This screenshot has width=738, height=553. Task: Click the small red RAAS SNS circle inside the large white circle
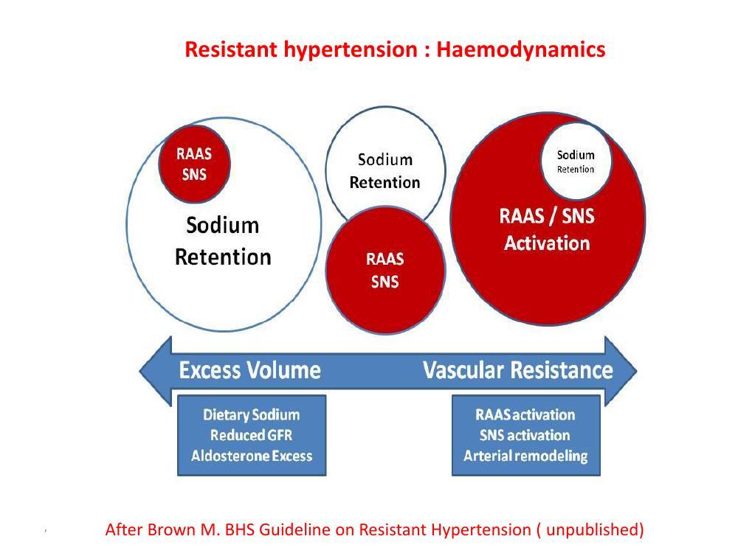point(194,164)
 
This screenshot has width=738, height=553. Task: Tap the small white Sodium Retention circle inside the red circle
point(576,161)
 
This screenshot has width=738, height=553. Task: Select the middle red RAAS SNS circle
point(385,270)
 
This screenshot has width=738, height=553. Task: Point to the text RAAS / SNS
point(547,216)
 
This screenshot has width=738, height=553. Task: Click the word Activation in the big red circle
point(547,243)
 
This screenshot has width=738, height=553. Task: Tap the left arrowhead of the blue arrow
point(156,371)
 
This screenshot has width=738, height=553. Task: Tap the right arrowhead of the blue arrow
point(621,371)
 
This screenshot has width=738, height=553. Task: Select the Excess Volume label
point(250,371)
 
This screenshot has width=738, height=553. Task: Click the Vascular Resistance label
point(518,371)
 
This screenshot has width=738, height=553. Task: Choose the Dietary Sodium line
point(252,414)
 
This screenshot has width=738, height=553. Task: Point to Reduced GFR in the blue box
point(252,436)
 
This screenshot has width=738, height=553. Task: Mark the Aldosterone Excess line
point(252,456)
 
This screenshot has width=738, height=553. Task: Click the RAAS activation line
point(525,414)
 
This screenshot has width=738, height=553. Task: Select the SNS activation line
point(525,436)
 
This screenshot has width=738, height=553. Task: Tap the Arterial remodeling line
point(525,456)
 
